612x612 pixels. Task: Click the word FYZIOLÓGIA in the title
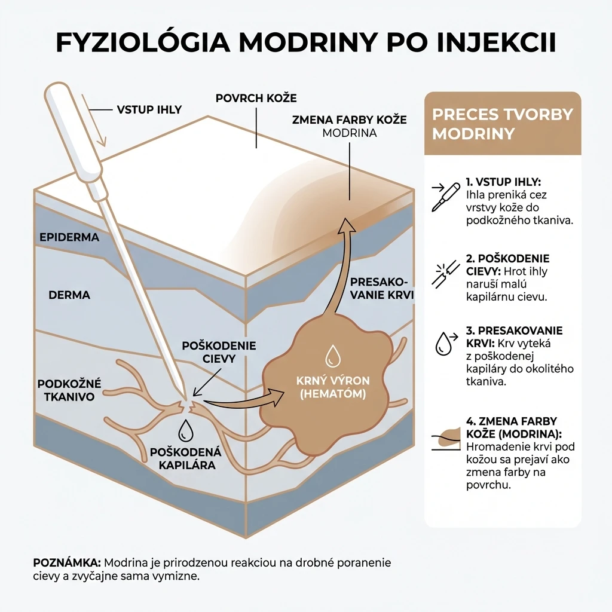[x=143, y=42]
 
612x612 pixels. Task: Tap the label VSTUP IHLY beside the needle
[x=149, y=110]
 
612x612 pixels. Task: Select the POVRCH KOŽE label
[x=256, y=98]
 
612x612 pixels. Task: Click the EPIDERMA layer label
[x=69, y=237]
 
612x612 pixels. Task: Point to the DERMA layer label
[x=69, y=295]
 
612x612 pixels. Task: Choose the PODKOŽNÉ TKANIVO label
[x=69, y=390]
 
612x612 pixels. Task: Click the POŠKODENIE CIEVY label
[x=219, y=352]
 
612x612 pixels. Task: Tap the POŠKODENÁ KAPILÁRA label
[x=186, y=458]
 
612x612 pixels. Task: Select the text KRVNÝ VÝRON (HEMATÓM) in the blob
[x=333, y=387]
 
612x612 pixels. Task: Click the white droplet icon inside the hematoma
[x=333, y=356]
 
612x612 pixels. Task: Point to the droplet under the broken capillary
[x=186, y=431]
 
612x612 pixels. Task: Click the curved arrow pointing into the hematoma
[x=244, y=402]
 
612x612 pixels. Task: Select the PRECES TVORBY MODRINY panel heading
[x=502, y=124]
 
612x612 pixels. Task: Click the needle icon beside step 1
[x=445, y=197]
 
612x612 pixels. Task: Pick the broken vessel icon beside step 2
[x=446, y=274]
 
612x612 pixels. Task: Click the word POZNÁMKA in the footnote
[x=67, y=563]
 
